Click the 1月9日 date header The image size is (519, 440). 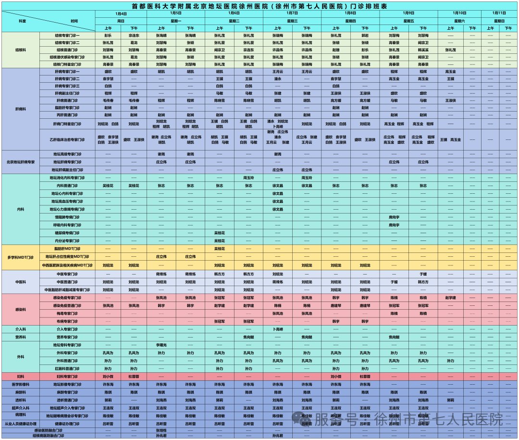pos(408,13)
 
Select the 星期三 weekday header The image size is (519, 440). pos(292,21)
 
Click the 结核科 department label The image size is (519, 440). pos(21,50)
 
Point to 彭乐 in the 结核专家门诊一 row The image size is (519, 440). pos(108,36)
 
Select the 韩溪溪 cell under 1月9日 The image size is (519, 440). pos(423,50)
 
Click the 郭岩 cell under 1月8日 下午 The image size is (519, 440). pos(365,36)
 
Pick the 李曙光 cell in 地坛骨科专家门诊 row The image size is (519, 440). pos(161,345)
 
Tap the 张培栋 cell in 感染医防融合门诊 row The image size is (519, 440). pos(161,430)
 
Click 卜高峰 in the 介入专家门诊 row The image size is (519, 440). pos(278,329)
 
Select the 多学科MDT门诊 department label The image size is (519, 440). pos(21,257)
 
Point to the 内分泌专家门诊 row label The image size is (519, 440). pos(67,241)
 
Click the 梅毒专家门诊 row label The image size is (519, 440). pos(67,314)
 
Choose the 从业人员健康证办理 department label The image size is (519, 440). pos(21,424)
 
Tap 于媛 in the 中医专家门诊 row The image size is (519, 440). pos(423,274)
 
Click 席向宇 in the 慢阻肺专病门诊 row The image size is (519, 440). pos(394,217)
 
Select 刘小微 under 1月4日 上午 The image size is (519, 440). pos(108,377)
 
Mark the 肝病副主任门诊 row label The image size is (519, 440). pos(67,93)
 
